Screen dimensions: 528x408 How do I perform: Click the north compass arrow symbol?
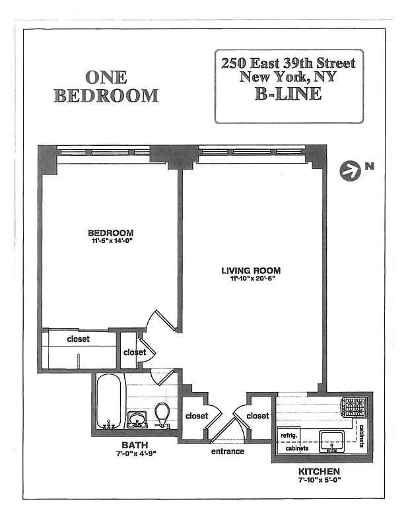tap(348, 171)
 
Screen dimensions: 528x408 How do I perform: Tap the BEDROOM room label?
tap(111, 233)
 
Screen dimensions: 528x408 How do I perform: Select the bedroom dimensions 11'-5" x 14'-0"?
tap(111, 242)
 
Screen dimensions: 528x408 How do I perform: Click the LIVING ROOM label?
tap(251, 271)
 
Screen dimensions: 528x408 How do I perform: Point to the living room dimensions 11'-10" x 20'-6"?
tap(251, 279)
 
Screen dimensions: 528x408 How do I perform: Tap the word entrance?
tap(228, 451)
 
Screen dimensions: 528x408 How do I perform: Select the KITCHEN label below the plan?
tap(319, 472)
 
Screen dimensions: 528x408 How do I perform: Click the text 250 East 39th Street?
tap(289, 64)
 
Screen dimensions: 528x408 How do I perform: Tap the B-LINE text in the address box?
tap(288, 94)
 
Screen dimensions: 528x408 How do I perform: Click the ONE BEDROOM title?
tap(106, 86)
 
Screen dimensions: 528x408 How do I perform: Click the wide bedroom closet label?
tap(78, 339)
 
